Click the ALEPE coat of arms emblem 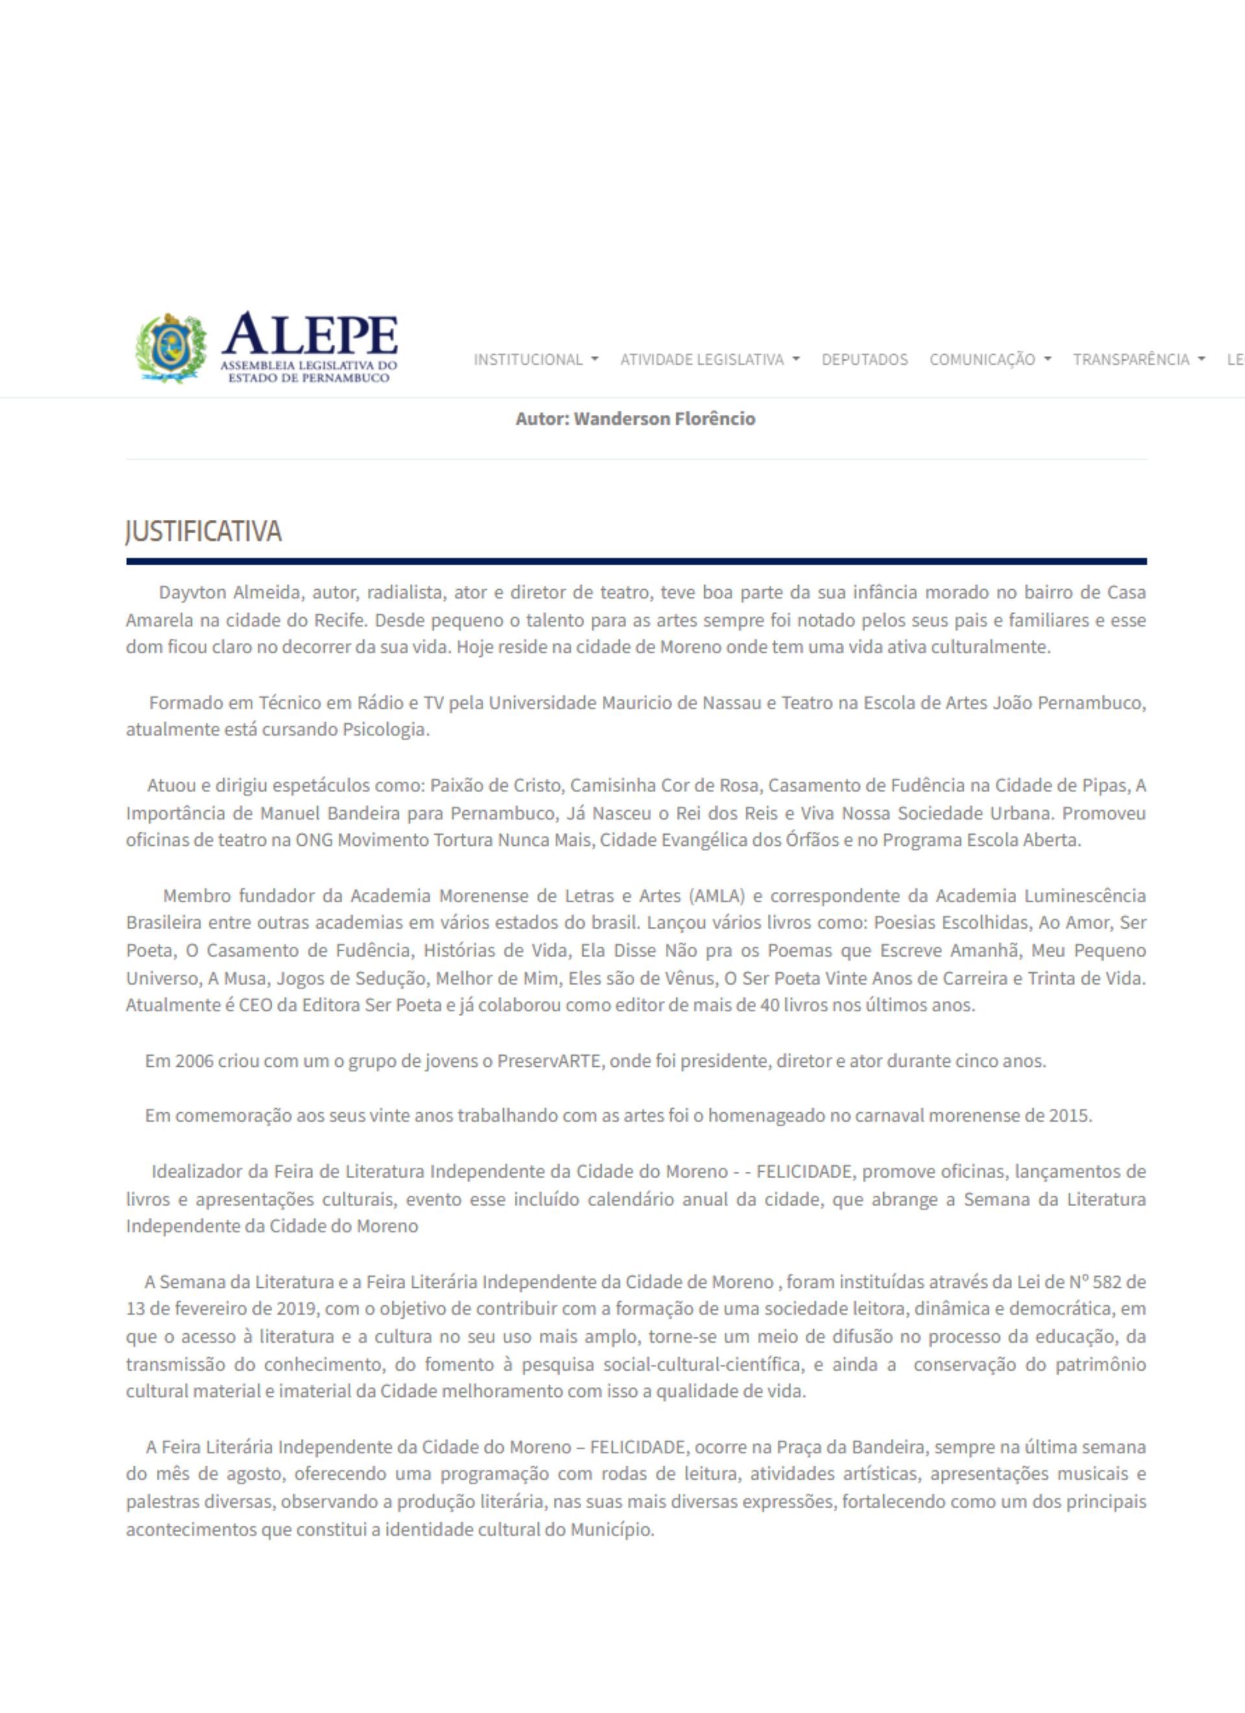(x=171, y=347)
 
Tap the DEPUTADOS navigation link (x=864, y=360)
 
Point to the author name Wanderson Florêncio (x=664, y=419)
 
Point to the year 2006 (x=193, y=1061)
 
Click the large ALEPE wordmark (x=310, y=334)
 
